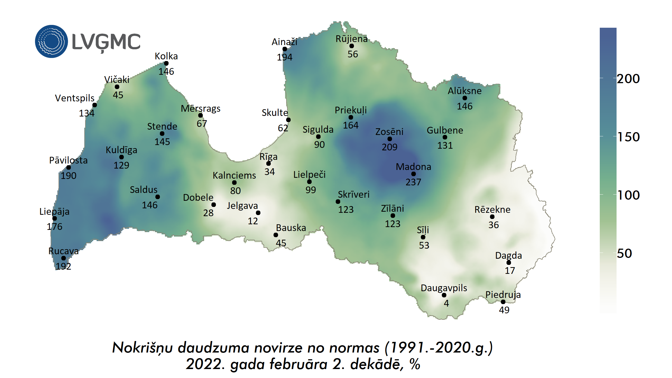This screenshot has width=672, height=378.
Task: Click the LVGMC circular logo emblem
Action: point(51,41)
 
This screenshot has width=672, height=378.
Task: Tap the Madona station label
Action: point(413,167)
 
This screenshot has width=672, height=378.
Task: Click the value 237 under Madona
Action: point(413,182)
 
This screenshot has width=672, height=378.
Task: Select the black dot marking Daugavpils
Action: point(444,295)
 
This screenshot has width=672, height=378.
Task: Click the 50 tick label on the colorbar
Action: point(624,253)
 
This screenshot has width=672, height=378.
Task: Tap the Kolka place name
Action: point(166,56)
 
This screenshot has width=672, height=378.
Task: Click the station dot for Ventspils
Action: point(95,105)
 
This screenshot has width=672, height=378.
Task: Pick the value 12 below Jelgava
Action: point(253,221)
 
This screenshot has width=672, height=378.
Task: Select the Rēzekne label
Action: point(492,210)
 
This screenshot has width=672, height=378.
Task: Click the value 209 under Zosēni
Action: point(389,147)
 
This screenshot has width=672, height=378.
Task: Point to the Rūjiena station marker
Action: point(352,46)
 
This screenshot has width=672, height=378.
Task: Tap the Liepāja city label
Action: point(54,212)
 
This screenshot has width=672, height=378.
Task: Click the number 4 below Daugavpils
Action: point(446,303)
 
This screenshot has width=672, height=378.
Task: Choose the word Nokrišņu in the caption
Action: point(142,348)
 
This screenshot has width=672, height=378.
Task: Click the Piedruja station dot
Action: point(503,302)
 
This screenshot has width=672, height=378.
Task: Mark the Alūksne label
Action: point(465,91)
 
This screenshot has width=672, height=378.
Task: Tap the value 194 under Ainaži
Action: point(284,57)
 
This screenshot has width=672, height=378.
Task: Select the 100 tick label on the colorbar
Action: point(629,195)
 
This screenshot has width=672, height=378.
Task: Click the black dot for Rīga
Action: point(269,164)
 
